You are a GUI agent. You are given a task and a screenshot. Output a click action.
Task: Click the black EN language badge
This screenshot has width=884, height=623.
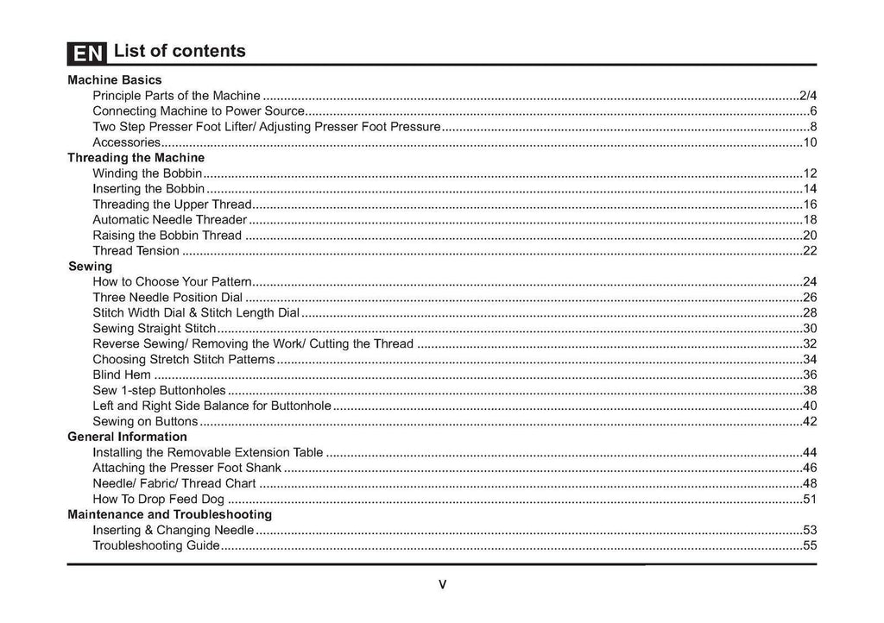click(86, 53)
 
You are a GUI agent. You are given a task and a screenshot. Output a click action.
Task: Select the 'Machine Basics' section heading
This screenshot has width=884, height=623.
click(115, 79)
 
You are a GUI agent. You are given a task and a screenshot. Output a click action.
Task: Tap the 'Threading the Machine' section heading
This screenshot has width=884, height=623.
click(136, 158)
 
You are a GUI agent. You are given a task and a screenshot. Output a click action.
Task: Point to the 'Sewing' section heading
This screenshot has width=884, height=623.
click(90, 267)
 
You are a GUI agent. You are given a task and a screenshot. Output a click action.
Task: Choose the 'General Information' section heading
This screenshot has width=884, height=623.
click(127, 437)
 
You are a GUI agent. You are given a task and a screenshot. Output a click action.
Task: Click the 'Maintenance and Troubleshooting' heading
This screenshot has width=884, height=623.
click(169, 514)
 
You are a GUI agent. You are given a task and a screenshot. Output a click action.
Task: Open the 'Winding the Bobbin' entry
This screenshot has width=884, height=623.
click(147, 173)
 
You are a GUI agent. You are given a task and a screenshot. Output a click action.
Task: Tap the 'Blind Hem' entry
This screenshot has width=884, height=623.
click(122, 374)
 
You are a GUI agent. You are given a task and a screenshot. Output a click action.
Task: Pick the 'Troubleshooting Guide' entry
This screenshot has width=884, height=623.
click(155, 545)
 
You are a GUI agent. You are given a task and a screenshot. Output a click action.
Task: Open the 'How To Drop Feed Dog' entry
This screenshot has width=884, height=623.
click(158, 499)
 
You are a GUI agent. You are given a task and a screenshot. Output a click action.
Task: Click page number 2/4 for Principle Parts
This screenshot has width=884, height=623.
click(808, 95)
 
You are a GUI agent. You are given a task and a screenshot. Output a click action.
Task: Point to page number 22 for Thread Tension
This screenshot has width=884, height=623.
click(810, 251)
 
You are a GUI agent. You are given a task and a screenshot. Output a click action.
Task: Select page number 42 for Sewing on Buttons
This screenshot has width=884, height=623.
click(810, 421)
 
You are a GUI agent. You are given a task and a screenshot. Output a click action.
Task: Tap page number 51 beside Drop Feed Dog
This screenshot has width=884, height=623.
click(810, 499)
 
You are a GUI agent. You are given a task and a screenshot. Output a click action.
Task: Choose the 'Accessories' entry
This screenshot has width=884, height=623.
click(126, 142)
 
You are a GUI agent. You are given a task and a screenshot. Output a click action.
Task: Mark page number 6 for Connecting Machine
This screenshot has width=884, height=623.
click(813, 111)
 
